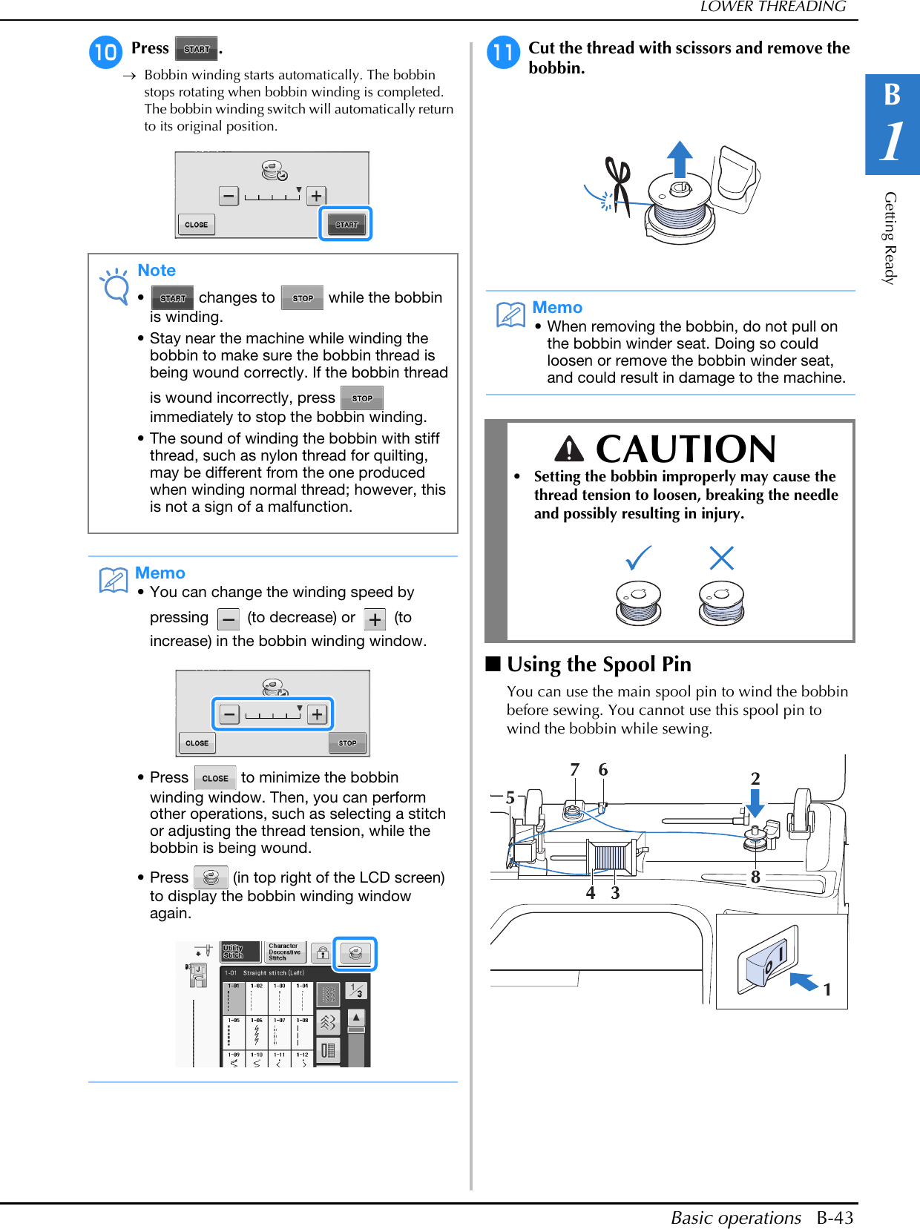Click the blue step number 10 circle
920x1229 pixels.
(105, 52)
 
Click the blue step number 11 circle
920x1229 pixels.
(503, 52)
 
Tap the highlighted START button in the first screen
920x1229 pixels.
(346, 224)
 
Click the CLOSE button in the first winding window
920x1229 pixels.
(197, 224)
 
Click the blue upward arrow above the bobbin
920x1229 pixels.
(679, 159)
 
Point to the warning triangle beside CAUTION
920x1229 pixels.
(569, 449)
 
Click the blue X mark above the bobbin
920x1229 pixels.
(721, 558)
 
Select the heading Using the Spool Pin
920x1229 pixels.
(599, 665)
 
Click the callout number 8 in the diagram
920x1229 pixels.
(755, 877)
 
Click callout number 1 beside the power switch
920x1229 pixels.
(827, 989)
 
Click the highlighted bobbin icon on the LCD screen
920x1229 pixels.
(355, 953)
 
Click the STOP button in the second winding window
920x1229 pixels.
(347, 742)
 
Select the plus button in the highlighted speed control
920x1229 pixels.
(317, 714)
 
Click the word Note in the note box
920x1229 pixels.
(157, 271)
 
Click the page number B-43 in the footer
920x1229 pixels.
(835, 1218)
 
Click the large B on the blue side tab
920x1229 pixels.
(892, 95)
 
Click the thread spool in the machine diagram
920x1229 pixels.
(610, 858)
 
